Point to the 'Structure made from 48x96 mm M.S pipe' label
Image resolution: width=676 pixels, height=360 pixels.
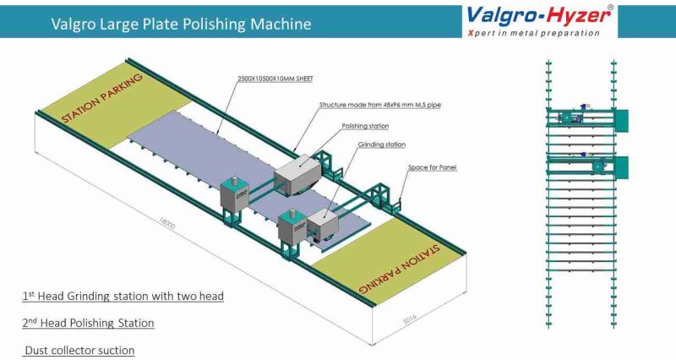[379, 106]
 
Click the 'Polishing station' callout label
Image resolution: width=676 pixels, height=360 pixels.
[365, 125]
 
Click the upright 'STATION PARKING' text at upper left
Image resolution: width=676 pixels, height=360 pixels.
[102, 100]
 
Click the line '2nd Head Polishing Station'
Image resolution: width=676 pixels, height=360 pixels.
[88, 323]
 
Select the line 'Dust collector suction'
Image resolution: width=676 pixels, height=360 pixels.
[79, 349]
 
